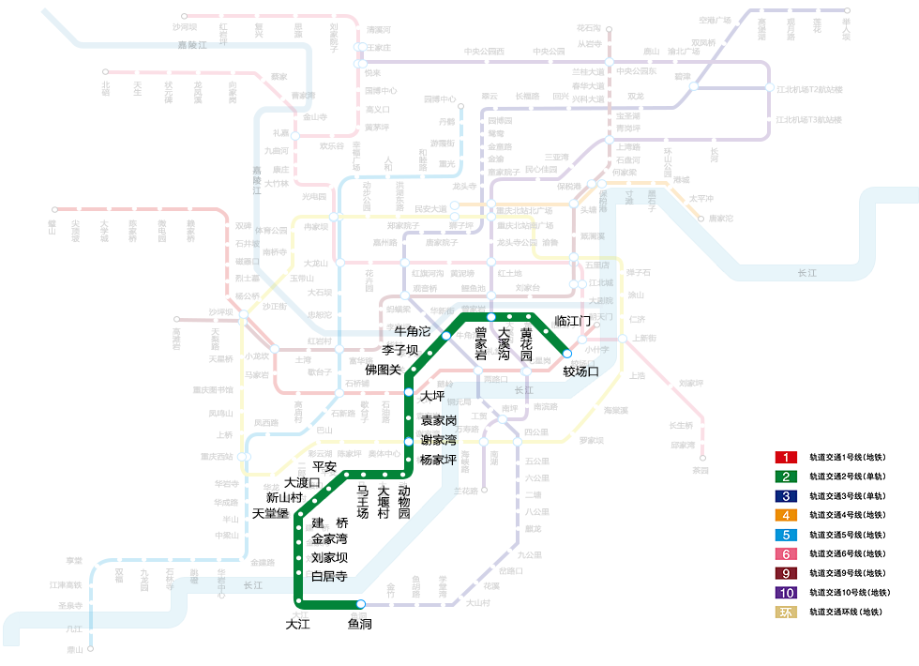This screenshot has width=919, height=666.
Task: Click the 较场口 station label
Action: (580, 371)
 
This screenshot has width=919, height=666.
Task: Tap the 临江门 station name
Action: (573, 322)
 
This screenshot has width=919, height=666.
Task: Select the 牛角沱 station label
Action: (412, 332)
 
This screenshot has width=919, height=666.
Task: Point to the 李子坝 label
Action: (399, 350)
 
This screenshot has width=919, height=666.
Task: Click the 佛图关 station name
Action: (383, 370)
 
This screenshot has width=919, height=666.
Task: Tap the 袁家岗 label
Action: (438, 419)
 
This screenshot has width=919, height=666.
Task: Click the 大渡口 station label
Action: (303, 482)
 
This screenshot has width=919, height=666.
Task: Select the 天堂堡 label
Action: (271, 513)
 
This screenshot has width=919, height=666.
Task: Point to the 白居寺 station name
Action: (329, 576)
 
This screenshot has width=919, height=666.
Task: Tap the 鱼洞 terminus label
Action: (360, 623)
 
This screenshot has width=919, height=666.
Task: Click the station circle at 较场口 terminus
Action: (566, 354)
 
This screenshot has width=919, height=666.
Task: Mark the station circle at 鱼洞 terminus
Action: (360, 604)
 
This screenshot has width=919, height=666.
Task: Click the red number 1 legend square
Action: (786, 458)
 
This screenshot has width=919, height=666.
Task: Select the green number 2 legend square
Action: (786, 477)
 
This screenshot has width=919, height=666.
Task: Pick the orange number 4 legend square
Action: (786, 515)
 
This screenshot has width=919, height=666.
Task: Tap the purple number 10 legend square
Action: (786, 593)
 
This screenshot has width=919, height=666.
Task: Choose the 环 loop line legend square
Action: (786, 613)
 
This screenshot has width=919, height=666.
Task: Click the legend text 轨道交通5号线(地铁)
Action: (848, 535)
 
